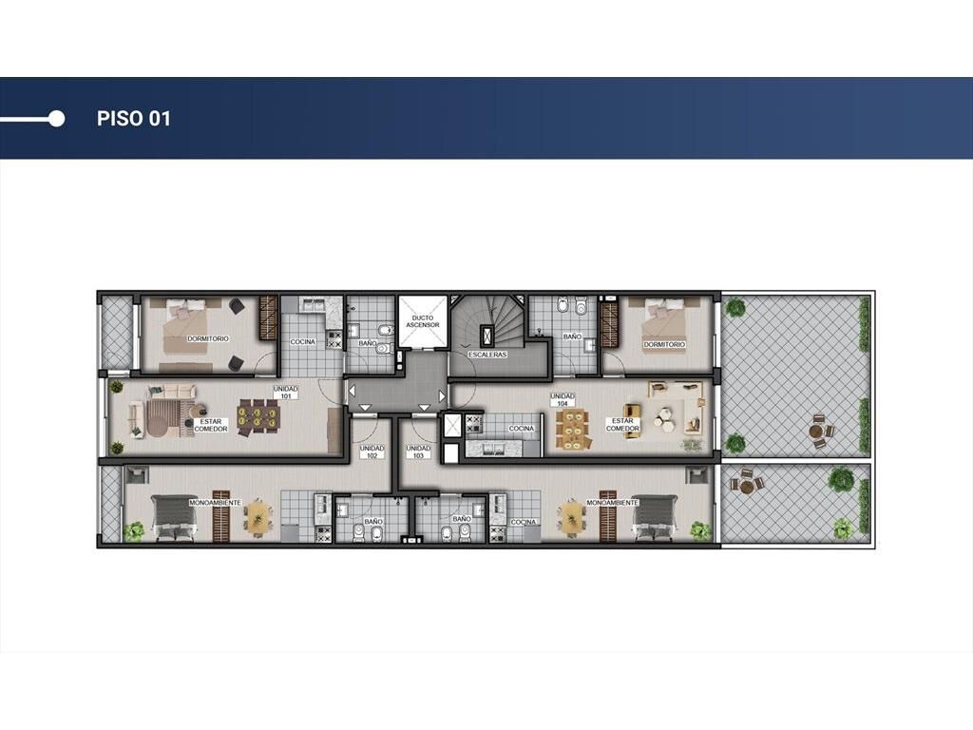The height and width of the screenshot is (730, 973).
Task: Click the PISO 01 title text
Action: coord(133,119)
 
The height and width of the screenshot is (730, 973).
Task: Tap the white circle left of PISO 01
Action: coord(56,119)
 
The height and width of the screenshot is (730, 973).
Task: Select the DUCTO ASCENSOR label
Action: coord(423,321)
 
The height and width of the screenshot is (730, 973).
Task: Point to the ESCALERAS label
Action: coord(487,355)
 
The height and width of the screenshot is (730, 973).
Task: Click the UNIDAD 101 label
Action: coord(286,393)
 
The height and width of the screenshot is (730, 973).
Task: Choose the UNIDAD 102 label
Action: coord(372,451)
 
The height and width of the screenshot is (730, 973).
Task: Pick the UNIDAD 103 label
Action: coord(418,451)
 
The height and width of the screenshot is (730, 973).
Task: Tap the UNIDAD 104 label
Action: coord(563,399)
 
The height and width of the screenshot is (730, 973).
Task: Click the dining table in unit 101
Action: coord(258,416)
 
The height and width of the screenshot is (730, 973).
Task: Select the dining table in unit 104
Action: coord(574,429)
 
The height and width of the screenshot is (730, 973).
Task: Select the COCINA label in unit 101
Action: coord(303,341)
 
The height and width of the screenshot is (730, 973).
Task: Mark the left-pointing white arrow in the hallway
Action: coord(352,393)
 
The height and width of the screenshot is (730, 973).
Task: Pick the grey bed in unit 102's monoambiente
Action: coord(175,514)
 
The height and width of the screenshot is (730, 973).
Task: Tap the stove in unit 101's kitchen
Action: coord(334,339)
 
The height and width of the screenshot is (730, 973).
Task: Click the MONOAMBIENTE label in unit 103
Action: coord(612,502)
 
